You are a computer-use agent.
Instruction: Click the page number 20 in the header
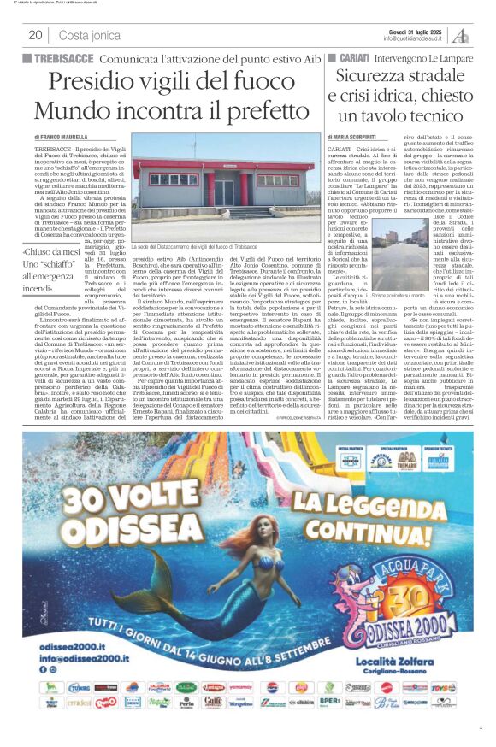click(x=35, y=35)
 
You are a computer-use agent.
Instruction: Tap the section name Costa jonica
click(x=90, y=35)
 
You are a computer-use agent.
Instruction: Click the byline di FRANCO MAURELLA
click(x=61, y=137)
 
